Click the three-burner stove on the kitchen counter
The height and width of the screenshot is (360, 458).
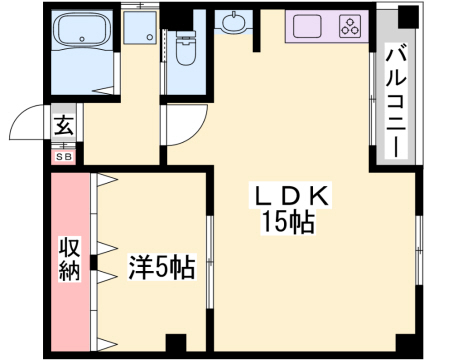(x=350, y=23)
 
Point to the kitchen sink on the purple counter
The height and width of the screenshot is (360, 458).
(x=307, y=24)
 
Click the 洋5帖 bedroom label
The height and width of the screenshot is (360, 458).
(x=161, y=268)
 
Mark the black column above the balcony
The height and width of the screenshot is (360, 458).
(x=405, y=15)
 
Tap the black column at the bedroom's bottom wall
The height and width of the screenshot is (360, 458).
(x=176, y=342)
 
